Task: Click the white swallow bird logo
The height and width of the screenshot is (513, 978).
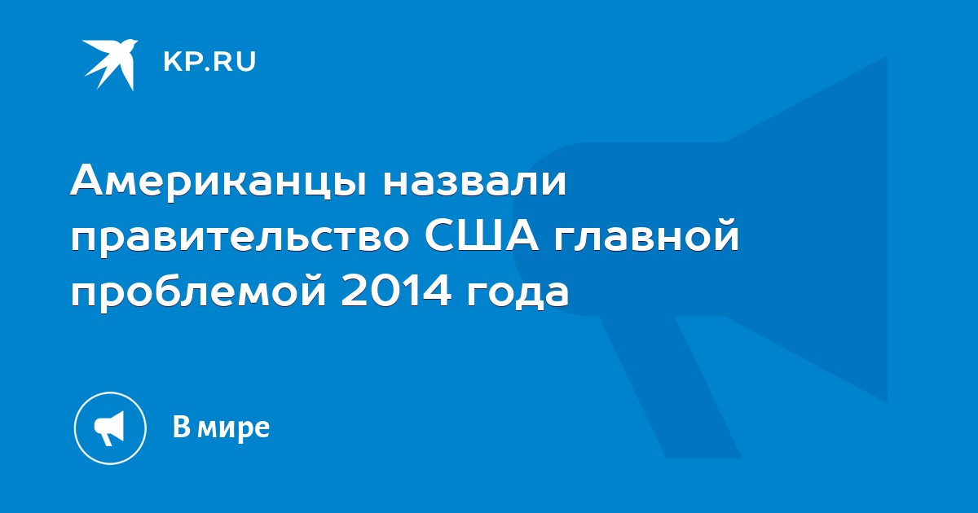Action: coord(110,64)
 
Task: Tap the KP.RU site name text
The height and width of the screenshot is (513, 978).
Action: coord(209,62)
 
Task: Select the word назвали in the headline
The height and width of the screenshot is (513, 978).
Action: coord(474,182)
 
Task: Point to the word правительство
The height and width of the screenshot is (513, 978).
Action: coord(240,239)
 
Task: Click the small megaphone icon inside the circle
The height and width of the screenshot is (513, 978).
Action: coord(109,428)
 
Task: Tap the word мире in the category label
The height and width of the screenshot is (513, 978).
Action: coord(233,429)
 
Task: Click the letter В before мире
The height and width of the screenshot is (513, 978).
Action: coord(182,426)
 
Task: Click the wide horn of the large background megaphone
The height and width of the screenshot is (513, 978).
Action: coord(808,229)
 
